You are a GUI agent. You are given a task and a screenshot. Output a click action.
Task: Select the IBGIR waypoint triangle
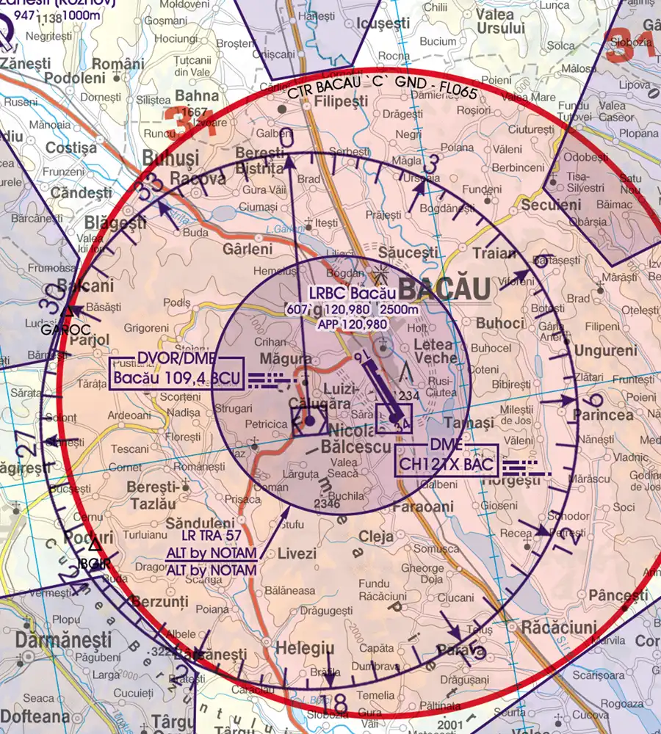coord(94,545)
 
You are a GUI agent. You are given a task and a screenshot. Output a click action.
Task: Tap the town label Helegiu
coord(305,649)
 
